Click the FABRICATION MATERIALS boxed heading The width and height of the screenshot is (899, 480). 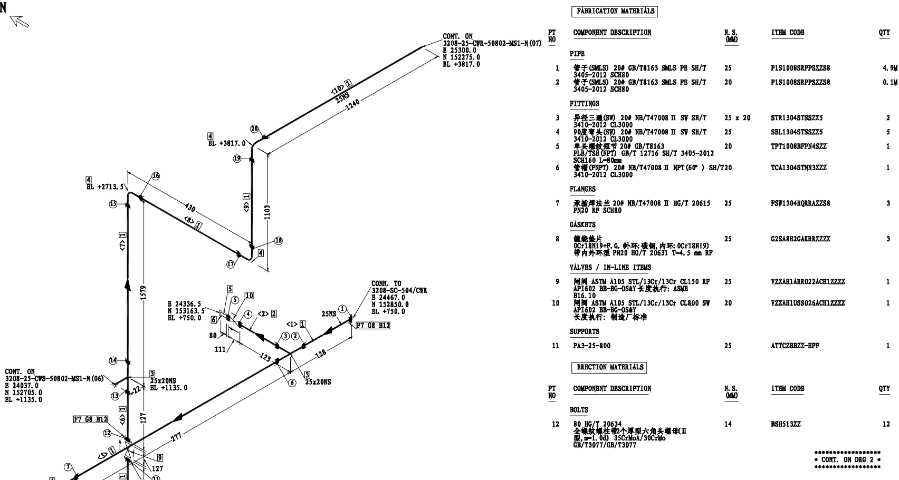(x=615, y=11)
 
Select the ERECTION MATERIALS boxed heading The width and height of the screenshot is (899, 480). (x=609, y=367)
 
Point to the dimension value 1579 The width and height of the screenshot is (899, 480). (x=144, y=292)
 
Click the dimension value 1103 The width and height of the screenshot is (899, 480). (x=267, y=212)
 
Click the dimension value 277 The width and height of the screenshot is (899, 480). (x=176, y=437)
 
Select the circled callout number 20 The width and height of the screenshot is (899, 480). (x=254, y=129)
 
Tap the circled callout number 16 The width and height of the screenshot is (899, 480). (x=156, y=176)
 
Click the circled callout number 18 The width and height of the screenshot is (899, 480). (x=278, y=241)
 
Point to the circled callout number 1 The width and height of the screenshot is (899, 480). (x=342, y=309)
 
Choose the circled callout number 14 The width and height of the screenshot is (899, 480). (x=113, y=360)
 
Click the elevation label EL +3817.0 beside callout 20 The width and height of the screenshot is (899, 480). (x=227, y=143)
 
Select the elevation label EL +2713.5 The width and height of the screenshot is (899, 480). (x=106, y=187)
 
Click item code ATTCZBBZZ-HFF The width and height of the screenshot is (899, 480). (x=795, y=346)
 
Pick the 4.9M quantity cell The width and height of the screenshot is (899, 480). (x=890, y=68)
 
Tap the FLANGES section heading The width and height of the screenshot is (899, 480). (x=582, y=189)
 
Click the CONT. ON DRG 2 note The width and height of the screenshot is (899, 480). (x=847, y=460)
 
